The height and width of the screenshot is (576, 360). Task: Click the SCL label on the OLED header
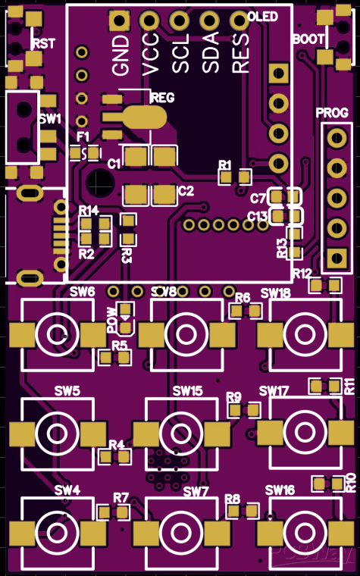(181, 52)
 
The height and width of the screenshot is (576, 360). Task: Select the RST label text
(43, 44)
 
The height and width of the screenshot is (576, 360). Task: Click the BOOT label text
(308, 39)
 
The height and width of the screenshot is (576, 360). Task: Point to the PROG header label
(332, 113)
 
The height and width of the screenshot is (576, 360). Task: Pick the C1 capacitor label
(114, 163)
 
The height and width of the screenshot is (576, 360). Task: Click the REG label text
(163, 98)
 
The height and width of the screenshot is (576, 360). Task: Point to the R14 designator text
(89, 210)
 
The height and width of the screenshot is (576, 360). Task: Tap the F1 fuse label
(83, 136)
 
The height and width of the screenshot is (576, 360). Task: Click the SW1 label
(50, 119)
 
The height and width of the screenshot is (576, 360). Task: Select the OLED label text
(262, 17)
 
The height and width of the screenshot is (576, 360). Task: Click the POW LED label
(112, 321)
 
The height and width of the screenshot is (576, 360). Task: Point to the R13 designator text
(282, 247)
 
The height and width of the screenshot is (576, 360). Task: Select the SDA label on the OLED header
(211, 52)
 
